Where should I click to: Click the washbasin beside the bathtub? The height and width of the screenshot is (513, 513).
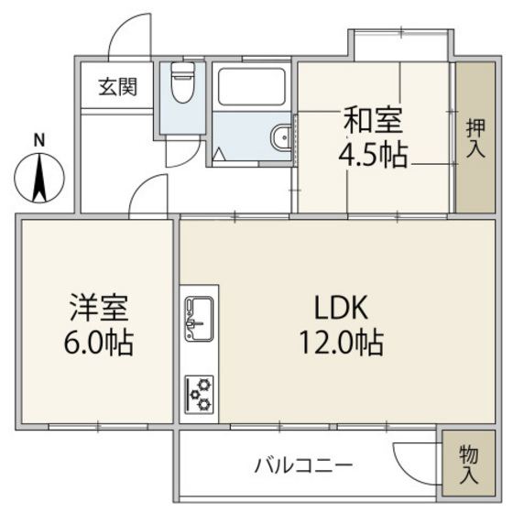(280, 139)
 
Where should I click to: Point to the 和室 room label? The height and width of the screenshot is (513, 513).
(373, 120)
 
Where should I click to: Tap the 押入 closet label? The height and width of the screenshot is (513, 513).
(475, 137)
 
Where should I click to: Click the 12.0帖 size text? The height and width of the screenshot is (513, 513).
(339, 344)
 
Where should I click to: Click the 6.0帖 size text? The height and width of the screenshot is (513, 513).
(99, 344)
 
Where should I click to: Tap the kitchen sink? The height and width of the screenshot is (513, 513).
(199, 317)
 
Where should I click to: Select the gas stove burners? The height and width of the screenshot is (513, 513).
(199, 394)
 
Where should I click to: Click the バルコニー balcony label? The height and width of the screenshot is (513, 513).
(302, 465)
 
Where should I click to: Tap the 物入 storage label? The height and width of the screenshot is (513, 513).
(467, 465)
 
